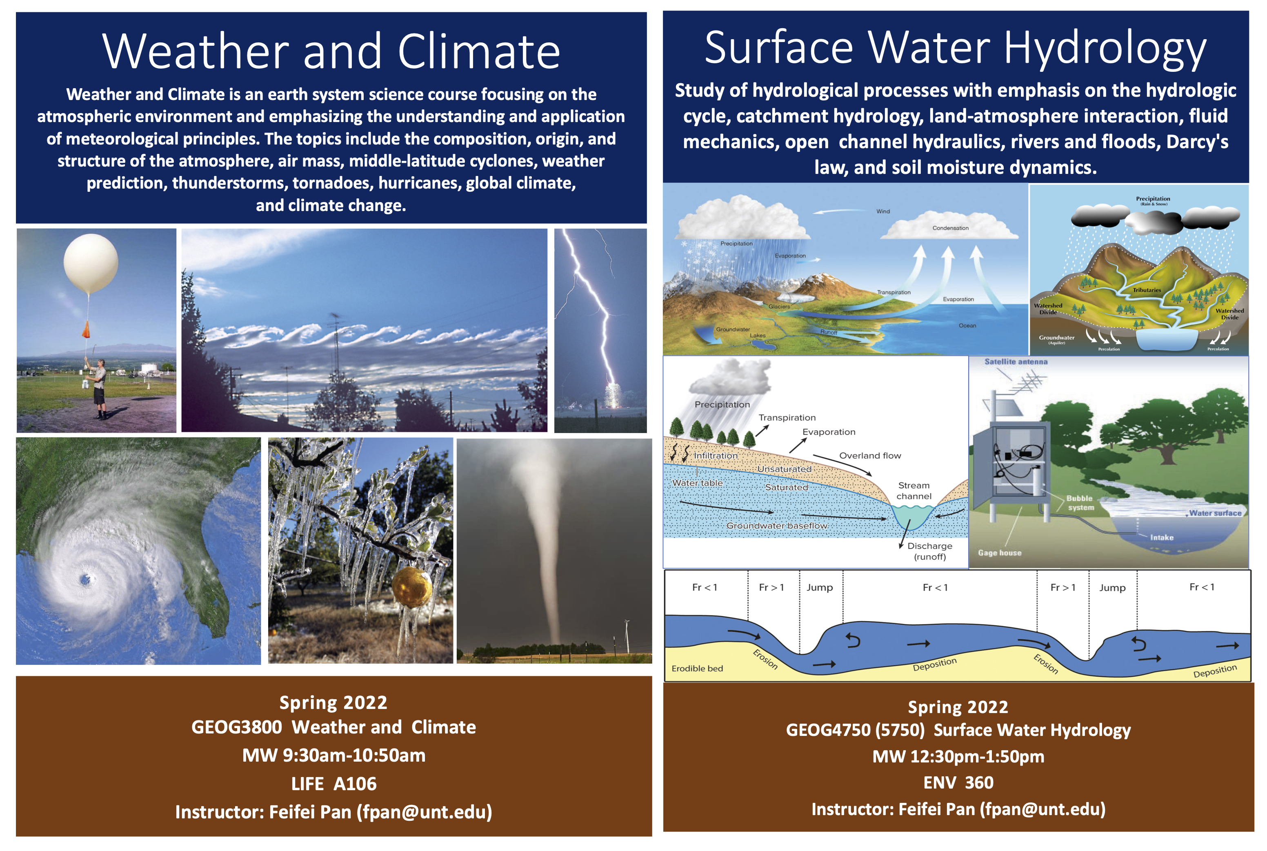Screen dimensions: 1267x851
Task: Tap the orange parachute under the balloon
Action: [86, 329]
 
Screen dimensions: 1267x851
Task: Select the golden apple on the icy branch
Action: [412, 587]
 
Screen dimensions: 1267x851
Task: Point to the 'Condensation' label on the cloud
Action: [950, 228]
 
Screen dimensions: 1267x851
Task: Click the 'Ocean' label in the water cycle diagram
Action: [967, 326]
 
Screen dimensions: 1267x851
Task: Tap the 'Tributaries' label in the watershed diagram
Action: [1147, 290]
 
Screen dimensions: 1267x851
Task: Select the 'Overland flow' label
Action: [870, 456]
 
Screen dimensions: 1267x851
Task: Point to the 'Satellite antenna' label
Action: [1016, 362]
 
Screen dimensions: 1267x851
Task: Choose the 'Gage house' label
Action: [1000, 553]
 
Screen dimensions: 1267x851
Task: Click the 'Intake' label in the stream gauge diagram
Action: [1162, 537]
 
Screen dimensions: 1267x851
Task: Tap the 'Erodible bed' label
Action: [697, 669]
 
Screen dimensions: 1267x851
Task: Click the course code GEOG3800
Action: [237, 727]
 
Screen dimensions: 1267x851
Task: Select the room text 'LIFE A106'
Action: [334, 784]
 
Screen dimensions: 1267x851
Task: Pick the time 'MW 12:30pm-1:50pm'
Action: [958, 757]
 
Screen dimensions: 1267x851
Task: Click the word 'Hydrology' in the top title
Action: [1105, 49]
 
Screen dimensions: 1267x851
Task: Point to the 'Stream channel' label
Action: [914, 491]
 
